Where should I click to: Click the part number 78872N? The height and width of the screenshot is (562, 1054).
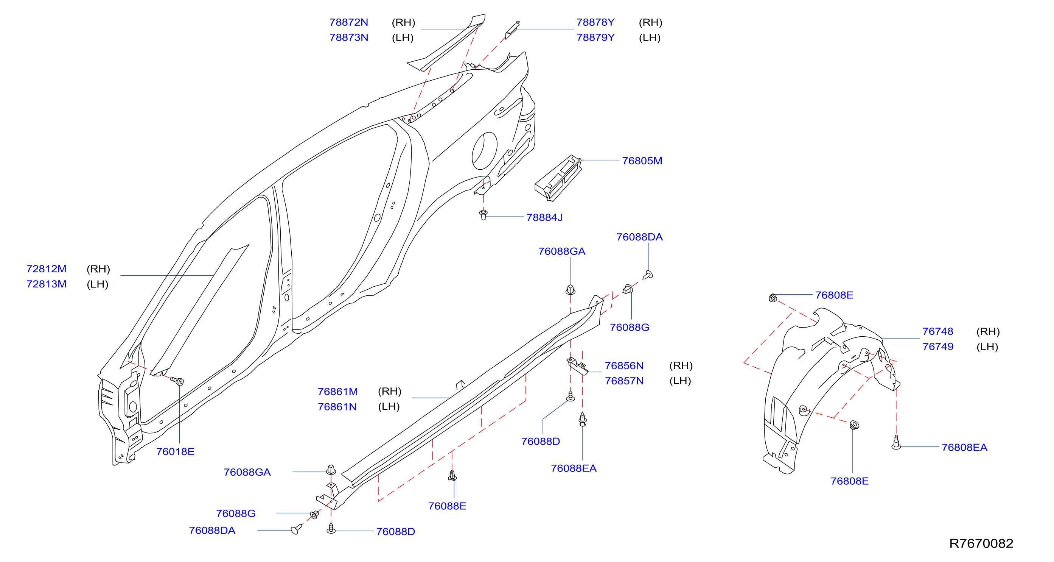(348, 22)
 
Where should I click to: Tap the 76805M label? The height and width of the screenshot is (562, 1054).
(642, 161)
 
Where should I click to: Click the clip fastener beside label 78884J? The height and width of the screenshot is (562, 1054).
(483, 215)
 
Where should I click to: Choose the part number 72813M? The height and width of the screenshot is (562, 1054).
(46, 284)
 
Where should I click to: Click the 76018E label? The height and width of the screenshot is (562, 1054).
(175, 451)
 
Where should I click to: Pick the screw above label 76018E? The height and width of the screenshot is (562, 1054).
(177, 381)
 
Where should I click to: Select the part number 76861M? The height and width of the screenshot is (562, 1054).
(337, 392)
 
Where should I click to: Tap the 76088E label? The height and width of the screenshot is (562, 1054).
(447, 506)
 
